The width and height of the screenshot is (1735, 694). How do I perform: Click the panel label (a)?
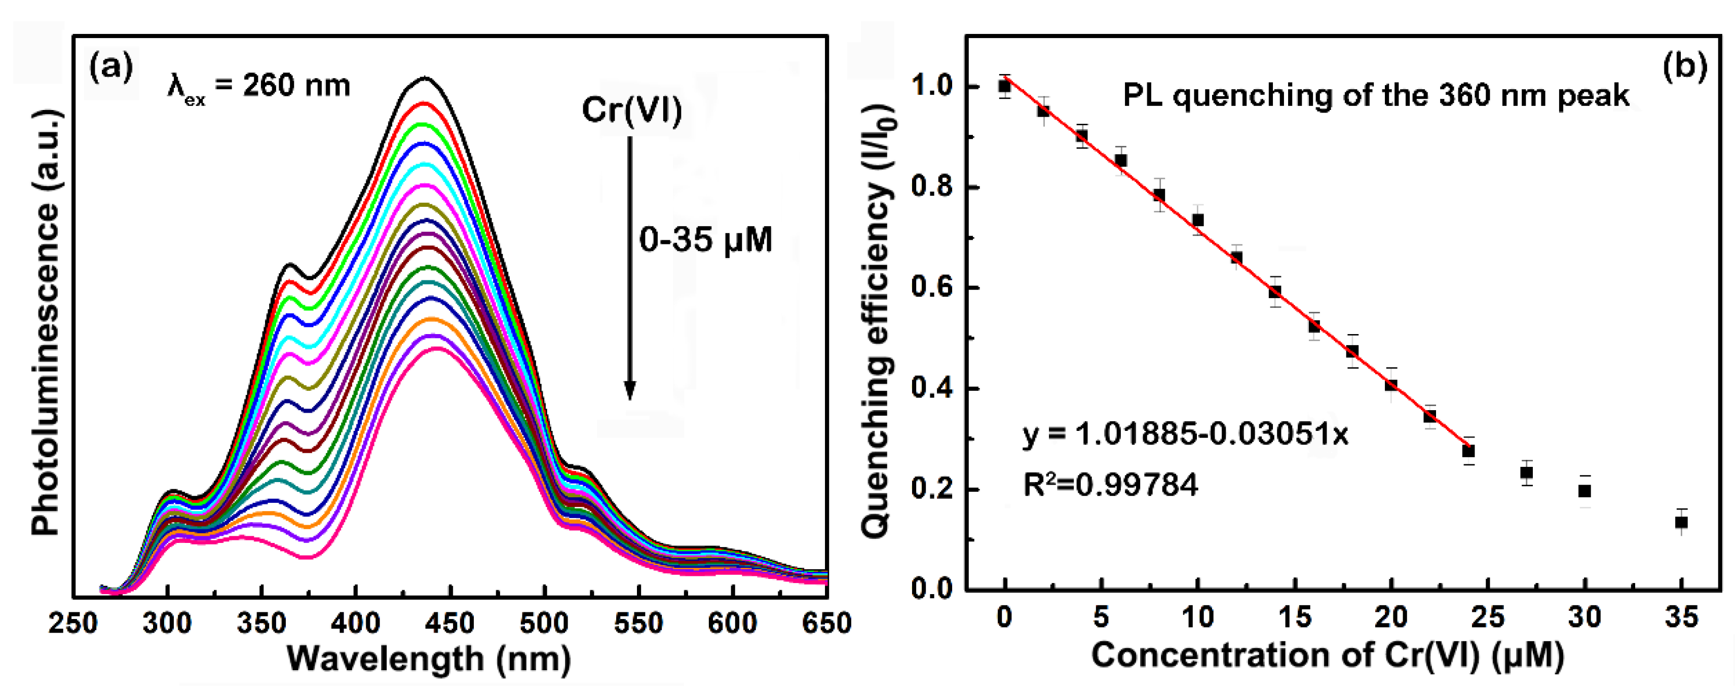click(111, 67)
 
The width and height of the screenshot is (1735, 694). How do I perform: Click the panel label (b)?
click(1684, 67)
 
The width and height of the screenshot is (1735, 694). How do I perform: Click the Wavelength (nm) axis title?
click(429, 659)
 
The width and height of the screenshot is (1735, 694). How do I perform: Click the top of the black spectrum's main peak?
click(424, 79)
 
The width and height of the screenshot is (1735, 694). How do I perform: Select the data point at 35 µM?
click(1681, 522)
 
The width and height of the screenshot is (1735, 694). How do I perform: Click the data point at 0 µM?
click(1004, 86)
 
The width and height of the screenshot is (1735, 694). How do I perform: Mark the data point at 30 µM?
click(1585, 491)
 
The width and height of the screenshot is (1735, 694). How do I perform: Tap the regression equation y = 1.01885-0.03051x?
click(1185, 434)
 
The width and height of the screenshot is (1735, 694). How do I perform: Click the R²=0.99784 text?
click(1111, 485)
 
